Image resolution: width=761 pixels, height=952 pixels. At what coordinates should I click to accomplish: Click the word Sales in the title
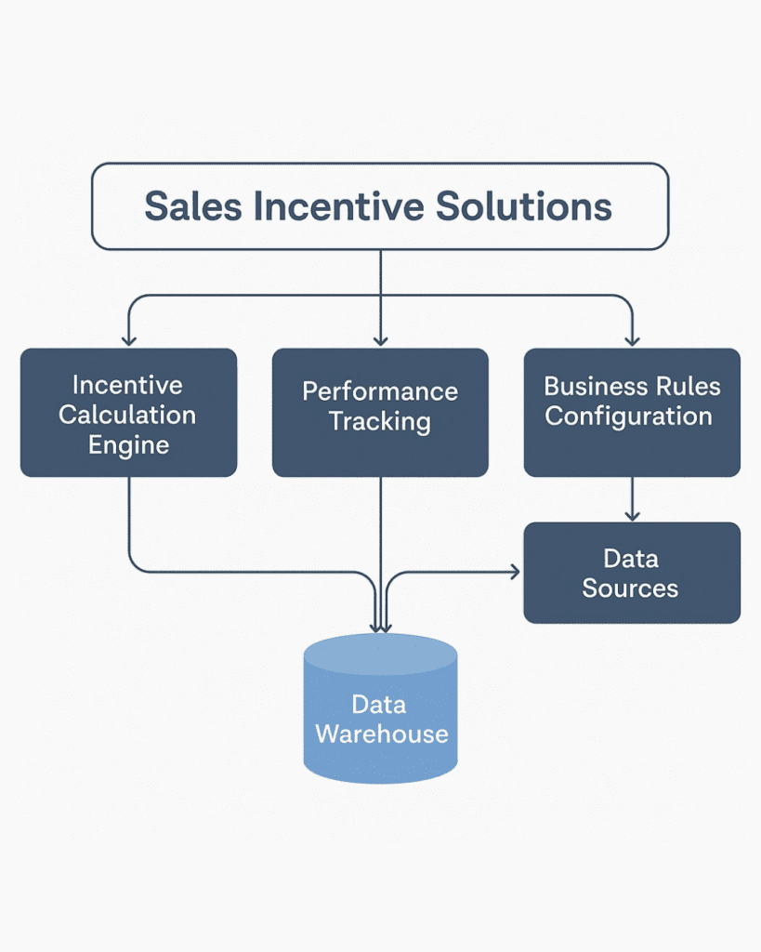pyautogui.click(x=193, y=205)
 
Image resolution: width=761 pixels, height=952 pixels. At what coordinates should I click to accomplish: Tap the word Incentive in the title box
pyautogui.click(x=338, y=205)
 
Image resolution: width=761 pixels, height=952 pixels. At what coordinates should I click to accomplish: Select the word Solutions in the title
pyautogui.click(x=524, y=205)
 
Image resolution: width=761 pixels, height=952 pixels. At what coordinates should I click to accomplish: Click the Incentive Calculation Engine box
pyautogui.click(x=128, y=412)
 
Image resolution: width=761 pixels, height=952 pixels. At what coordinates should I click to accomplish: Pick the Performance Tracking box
pyautogui.click(x=381, y=412)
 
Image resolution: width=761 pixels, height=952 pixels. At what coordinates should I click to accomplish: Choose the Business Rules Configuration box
pyautogui.click(x=632, y=412)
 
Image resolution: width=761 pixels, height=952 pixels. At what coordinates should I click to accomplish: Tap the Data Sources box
pyautogui.click(x=632, y=573)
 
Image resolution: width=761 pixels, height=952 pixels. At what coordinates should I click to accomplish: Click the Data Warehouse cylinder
pyautogui.click(x=381, y=708)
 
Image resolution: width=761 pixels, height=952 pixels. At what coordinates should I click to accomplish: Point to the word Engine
pyautogui.click(x=128, y=446)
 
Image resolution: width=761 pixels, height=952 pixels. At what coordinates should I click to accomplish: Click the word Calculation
pyautogui.click(x=127, y=415)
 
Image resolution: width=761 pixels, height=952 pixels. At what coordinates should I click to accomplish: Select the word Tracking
pyautogui.click(x=380, y=422)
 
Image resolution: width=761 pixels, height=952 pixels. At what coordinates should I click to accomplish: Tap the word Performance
pyautogui.click(x=381, y=391)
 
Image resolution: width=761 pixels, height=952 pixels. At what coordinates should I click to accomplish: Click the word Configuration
pyautogui.click(x=628, y=417)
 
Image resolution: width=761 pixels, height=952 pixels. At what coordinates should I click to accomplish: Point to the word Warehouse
pyautogui.click(x=382, y=734)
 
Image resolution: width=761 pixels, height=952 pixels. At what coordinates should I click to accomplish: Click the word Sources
pyautogui.click(x=630, y=588)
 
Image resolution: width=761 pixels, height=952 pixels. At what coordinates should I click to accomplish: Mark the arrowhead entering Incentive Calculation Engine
pyautogui.click(x=128, y=340)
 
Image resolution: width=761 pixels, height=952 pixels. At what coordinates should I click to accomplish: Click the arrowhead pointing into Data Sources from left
pyautogui.click(x=515, y=572)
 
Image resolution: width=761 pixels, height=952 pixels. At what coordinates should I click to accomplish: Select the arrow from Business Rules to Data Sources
pyautogui.click(x=633, y=499)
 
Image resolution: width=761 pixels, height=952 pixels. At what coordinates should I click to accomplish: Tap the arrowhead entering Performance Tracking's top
pyautogui.click(x=381, y=340)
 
